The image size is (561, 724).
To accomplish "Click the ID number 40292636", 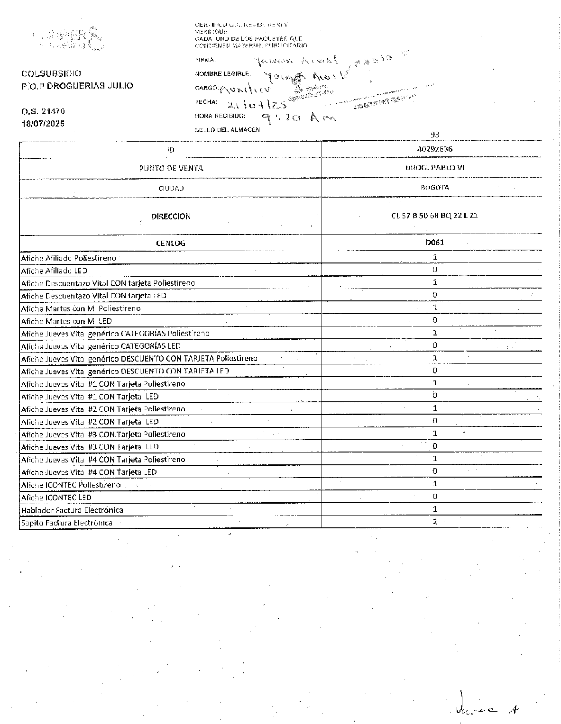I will pyautogui.click(x=434, y=149).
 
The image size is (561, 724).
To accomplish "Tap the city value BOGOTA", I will pyautogui.click(x=434, y=187).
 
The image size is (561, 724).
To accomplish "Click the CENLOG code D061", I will pyautogui.click(x=434, y=242).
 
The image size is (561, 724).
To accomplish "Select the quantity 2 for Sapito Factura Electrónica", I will pyautogui.click(x=434, y=522).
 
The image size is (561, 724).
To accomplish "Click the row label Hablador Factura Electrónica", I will pyautogui.click(x=72, y=510).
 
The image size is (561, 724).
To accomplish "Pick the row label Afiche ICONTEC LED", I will pyautogui.click(x=56, y=498).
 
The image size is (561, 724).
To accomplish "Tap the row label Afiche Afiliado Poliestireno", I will pyautogui.click(x=68, y=258).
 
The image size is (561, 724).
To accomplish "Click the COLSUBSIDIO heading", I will pyautogui.click(x=51, y=73).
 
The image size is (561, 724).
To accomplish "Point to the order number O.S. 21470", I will pyautogui.click(x=43, y=111).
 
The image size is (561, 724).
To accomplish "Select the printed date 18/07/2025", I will pyautogui.click(x=43, y=123).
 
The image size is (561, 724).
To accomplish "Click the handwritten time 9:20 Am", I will pyautogui.click(x=298, y=118).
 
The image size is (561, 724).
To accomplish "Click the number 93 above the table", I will pyautogui.click(x=434, y=135).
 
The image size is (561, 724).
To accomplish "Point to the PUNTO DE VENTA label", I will pyautogui.click(x=171, y=168).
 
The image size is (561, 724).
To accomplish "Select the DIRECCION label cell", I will pyautogui.click(x=171, y=216).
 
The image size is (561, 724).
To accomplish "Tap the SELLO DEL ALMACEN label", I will pyautogui.click(x=227, y=130).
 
